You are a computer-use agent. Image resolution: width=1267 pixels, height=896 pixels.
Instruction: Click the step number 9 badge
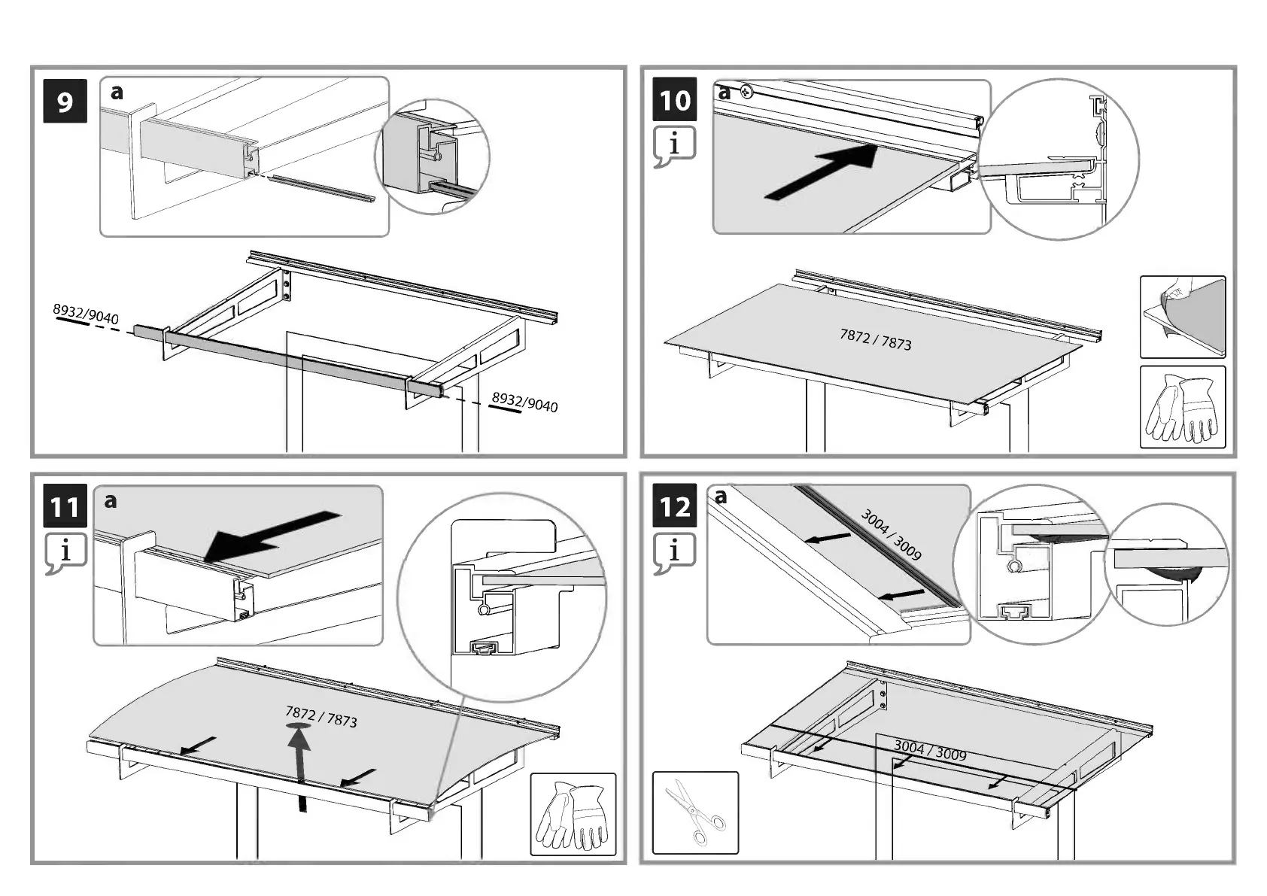pos(65,101)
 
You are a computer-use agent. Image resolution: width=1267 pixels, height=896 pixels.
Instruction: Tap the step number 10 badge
pos(675,100)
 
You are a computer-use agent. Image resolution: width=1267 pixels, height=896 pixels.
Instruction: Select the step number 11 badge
pos(65,507)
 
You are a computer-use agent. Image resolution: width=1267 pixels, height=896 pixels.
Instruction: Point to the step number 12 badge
pos(675,507)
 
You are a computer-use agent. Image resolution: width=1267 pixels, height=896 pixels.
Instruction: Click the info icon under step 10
pos(674,144)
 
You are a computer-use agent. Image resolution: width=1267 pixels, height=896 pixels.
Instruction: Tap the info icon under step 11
pos(65,551)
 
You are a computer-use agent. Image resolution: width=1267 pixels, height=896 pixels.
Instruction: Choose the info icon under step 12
pos(674,551)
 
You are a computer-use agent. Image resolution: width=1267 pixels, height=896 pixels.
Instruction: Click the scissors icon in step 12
pos(695,812)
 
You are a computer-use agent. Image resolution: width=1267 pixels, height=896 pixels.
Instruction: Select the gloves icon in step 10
pos(1183,407)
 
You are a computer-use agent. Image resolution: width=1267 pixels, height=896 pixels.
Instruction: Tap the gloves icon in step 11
pos(573,815)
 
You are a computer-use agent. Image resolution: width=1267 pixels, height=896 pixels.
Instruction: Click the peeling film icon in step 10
pos(1183,317)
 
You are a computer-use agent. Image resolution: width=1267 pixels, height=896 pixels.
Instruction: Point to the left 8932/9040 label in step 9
pos(86,313)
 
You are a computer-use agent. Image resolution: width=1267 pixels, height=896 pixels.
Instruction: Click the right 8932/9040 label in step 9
pos(524,402)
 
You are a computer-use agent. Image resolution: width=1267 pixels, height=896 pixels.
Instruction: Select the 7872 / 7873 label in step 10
pos(875,339)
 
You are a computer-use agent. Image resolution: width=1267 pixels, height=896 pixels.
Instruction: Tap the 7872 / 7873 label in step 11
pos(321,716)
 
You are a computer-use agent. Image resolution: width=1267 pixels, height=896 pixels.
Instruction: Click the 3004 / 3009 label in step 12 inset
pos(891,534)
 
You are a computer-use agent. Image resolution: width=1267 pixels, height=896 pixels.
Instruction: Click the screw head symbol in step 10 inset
pos(746,92)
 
